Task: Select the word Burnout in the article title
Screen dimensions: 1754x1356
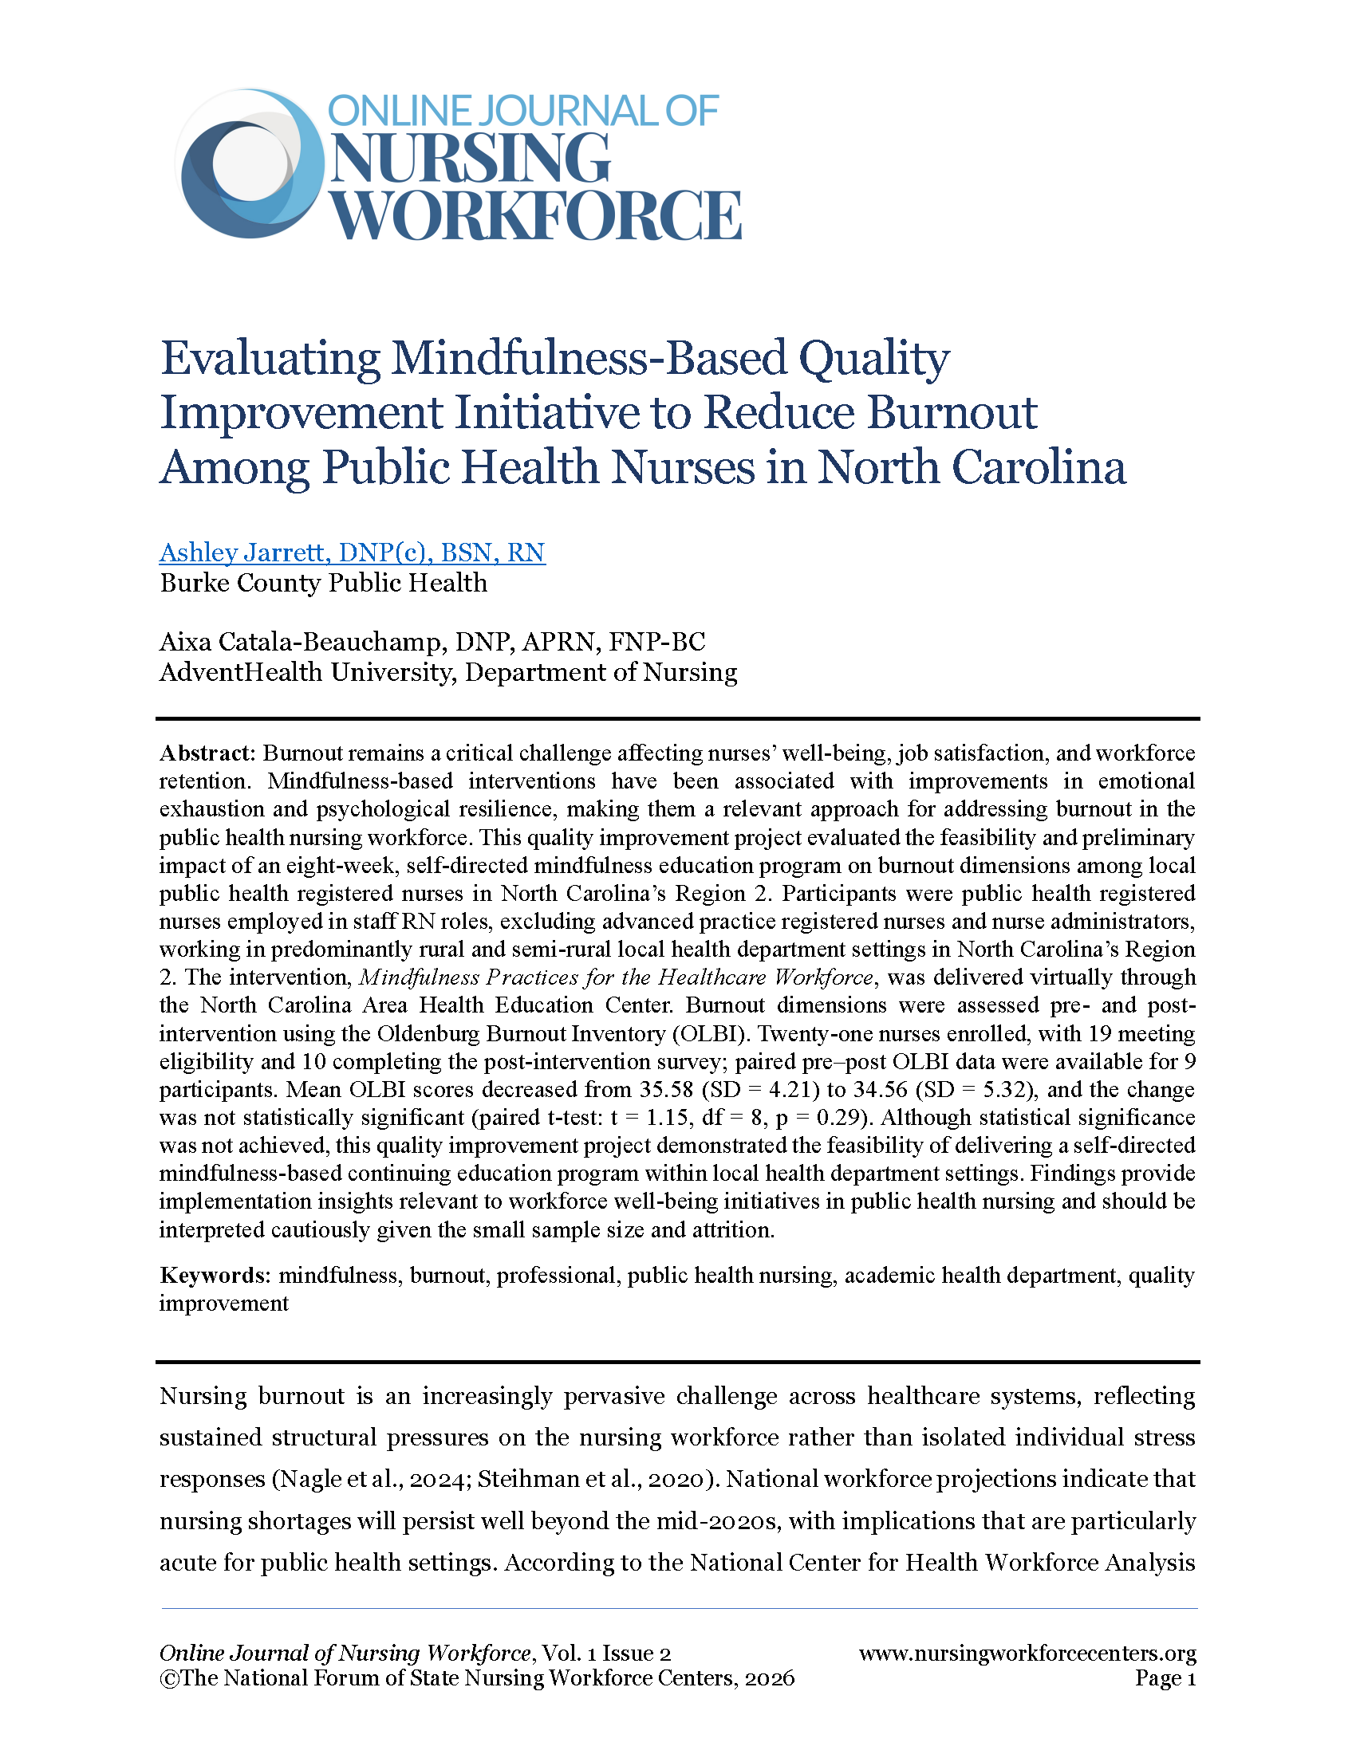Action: (952, 413)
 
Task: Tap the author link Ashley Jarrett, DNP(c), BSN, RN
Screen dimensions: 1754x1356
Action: (352, 553)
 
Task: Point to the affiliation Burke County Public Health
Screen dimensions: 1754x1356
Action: (323, 582)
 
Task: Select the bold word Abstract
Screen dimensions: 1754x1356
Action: (207, 753)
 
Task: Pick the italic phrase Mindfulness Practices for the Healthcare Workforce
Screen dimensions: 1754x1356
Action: (615, 977)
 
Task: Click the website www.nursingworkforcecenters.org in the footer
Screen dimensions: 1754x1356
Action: (1027, 1653)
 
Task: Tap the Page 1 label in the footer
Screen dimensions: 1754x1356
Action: (1165, 1678)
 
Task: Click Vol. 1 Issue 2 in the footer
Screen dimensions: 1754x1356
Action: (605, 1653)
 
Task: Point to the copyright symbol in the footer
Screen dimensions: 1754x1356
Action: (168, 1678)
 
